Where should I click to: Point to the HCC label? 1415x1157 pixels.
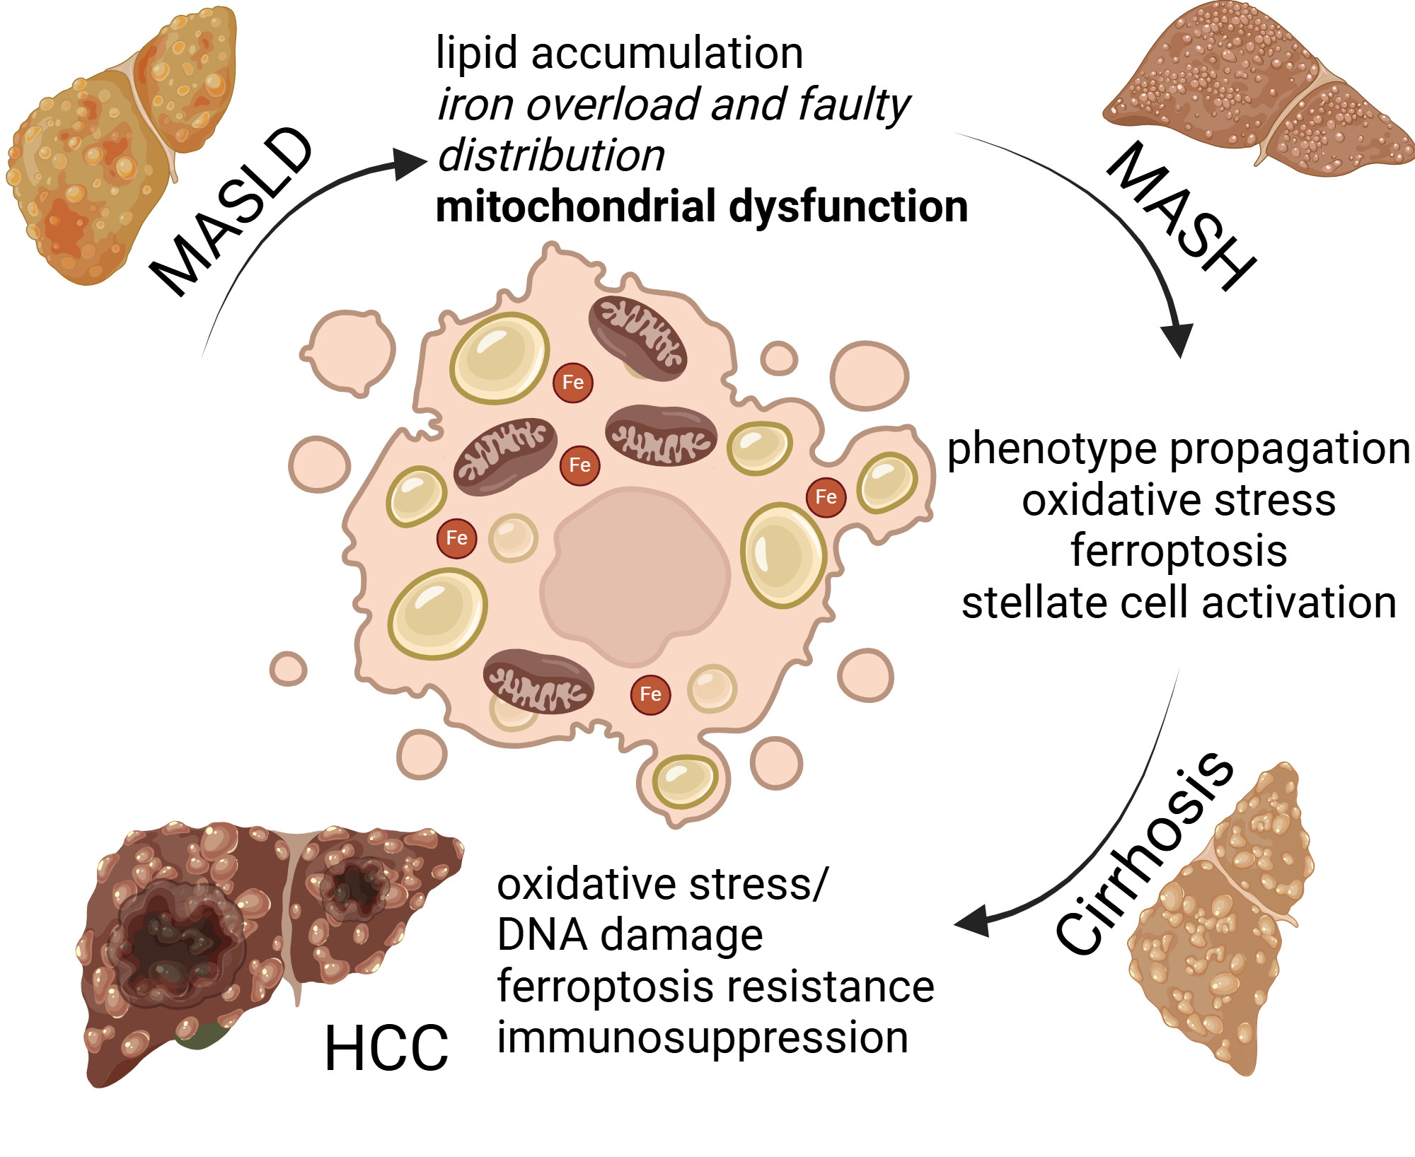point(386,1048)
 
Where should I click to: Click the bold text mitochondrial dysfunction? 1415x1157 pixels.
point(701,207)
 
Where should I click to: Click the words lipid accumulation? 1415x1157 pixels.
point(619,53)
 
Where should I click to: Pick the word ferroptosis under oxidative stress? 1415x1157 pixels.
point(1178,551)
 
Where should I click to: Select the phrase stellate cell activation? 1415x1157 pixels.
point(1178,603)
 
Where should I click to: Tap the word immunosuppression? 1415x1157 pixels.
point(702,1037)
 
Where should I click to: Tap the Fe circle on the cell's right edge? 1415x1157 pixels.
point(826,497)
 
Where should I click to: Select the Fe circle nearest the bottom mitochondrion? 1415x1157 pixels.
point(650,694)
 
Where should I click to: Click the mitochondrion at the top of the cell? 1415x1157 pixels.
point(637,337)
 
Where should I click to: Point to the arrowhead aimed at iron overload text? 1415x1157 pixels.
point(410,164)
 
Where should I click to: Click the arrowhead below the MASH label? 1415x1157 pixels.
point(1179,339)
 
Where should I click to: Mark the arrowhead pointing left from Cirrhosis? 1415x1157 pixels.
point(973,921)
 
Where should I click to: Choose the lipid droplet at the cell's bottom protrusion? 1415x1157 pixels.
point(684,781)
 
